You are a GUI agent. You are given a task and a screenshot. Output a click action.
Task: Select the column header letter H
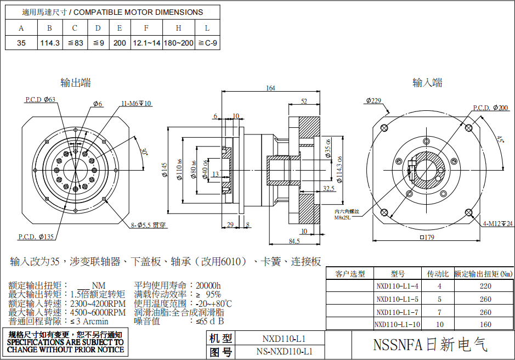coord(179,28)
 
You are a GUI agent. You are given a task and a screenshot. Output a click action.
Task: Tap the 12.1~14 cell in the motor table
coord(146,43)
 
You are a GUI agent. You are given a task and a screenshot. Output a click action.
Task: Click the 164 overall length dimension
coord(270,88)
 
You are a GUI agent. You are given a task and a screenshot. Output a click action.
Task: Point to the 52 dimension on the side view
coord(304,101)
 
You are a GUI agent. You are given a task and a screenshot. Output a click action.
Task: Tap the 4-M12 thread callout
coord(497,223)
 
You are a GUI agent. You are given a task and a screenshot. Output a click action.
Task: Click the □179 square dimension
coord(426,238)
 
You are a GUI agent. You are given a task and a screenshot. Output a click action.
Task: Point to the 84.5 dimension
coord(294,240)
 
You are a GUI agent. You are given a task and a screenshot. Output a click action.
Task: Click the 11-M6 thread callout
coord(136,103)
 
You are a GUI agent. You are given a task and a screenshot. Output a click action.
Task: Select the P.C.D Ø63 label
coord(40,99)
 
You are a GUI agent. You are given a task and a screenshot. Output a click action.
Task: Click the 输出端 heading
coord(75,83)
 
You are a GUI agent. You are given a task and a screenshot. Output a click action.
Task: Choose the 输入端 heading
coord(427,83)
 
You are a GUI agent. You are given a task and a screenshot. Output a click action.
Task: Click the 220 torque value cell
coord(485,286)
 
